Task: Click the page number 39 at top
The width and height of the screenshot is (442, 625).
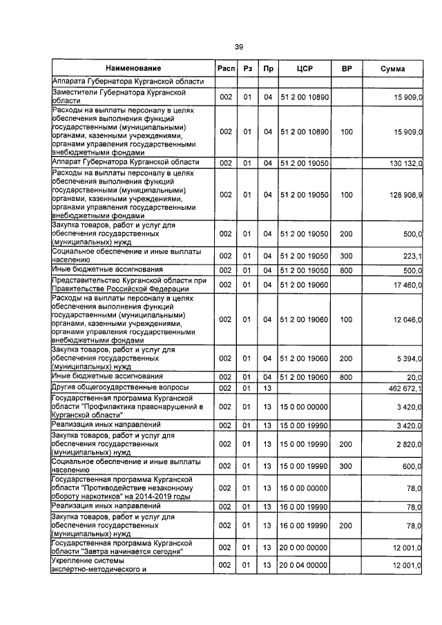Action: pyautogui.click(x=238, y=47)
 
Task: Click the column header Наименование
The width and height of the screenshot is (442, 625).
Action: pyautogui.click(x=133, y=68)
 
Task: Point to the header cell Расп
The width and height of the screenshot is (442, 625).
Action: pyautogui.click(x=226, y=68)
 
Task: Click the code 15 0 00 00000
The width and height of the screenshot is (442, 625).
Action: pyautogui.click(x=305, y=407)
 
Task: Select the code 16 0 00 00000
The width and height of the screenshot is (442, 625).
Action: pyautogui.click(x=305, y=488)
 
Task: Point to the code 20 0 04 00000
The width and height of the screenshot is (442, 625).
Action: pyautogui.click(x=305, y=566)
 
